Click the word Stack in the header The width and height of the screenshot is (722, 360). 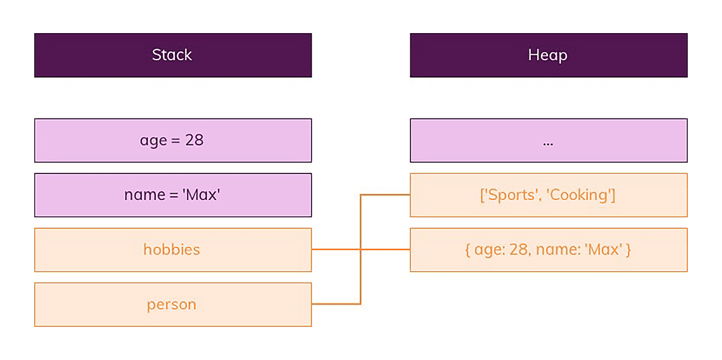(x=172, y=55)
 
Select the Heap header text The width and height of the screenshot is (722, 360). (x=548, y=55)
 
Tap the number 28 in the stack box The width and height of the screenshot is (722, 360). (x=194, y=140)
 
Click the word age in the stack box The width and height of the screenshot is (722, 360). (x=153, y=141)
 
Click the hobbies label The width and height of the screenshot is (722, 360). (x=171, y=249)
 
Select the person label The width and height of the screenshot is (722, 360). (x=171, y=305)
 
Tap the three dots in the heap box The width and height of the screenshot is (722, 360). (x=548, y=143)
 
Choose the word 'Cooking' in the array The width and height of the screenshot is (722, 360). (x=579, y=195)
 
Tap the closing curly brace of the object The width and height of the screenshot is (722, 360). (x=628, y=250)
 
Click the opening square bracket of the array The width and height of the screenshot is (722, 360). (x=482, y=195)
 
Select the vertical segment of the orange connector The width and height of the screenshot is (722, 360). (x=360, y=277)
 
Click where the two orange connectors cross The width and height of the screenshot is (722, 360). (x=360, y=249)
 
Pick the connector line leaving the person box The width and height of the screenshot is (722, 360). (x=334, y=304)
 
